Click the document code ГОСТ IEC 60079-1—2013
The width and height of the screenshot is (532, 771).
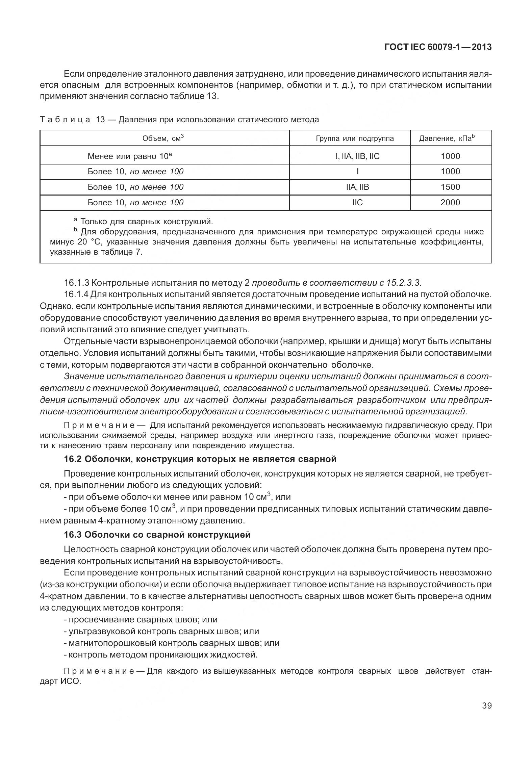[438, 47]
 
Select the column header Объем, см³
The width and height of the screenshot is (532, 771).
[163, 138]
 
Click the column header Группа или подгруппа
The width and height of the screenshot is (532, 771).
[355, 138]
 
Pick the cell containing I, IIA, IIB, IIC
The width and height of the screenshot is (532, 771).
[357, 156]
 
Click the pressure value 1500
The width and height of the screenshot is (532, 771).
[450, 187]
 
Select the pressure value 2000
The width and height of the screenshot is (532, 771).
[450, 203]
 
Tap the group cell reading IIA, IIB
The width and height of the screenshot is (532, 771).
[357, 187]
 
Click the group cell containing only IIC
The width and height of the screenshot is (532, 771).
[357, 203]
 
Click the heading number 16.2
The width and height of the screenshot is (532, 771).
[73, 459]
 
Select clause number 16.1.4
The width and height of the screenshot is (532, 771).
[76, 294]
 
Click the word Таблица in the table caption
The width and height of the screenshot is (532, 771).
[65, 120]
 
